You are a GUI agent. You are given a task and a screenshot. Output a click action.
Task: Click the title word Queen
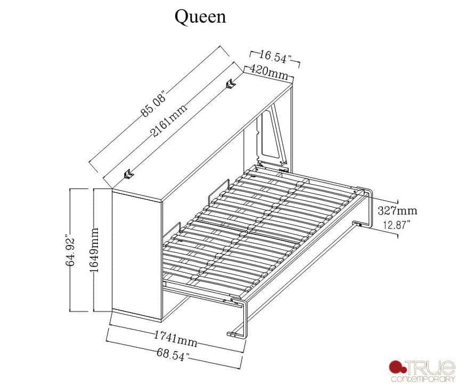point(200,17)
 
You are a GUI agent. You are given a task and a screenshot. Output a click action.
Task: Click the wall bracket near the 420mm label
point(231,84)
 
